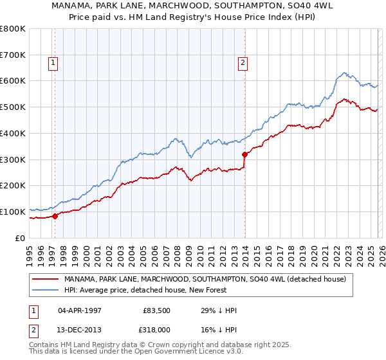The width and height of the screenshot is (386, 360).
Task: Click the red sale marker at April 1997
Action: tap(55, 216)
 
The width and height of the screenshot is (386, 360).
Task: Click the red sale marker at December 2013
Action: tap(245, 154)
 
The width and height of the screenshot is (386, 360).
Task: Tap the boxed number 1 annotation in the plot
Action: tap(52, 62)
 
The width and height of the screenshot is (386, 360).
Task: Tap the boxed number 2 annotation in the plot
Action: tap(243, 62)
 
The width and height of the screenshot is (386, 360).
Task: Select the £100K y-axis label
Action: tap(13, 212)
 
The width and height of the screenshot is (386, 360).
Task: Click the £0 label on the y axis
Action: tap(19, 238)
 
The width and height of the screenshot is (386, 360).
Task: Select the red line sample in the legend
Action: tap(45, 279)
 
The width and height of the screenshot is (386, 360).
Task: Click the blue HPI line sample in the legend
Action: tap(45, 290)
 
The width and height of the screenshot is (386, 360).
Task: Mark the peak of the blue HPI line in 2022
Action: tap(344, 73)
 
